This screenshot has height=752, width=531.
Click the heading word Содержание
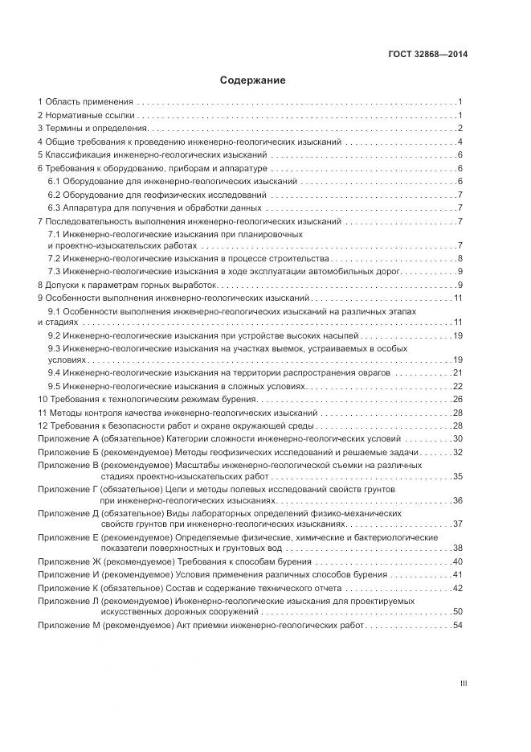pos(252,81)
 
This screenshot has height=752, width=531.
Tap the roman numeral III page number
pos(463,684)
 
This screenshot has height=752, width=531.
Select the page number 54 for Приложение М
pos(458,626)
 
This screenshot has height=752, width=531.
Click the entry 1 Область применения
pos(85,102)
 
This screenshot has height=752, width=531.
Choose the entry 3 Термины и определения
pos(92,129)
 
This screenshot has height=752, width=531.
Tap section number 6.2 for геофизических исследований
pos(55,195)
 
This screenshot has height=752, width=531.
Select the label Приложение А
pos(67,438)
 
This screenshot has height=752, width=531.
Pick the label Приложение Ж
pos(68,561)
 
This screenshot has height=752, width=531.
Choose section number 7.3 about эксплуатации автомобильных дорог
pos(55,272)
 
